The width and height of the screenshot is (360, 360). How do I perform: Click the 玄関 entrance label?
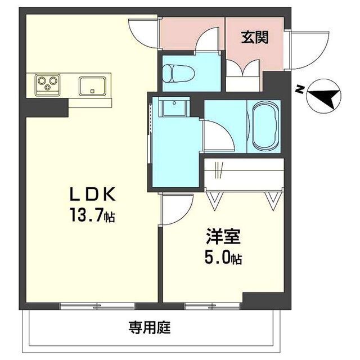[x=255, y=38]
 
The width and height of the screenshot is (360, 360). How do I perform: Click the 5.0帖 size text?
[x=223, y=259]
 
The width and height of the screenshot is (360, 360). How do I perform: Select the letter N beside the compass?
[x=301, y=89]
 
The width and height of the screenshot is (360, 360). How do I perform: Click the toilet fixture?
[x=177, y=74]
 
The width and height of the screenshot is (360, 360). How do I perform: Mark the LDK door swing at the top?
[x=145, y=34]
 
